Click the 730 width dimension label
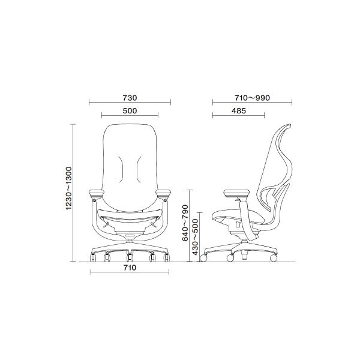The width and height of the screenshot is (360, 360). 130,98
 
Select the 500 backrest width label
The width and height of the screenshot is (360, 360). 130,111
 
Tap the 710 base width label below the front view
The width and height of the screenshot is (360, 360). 130,268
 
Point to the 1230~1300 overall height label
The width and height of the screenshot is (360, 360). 69,188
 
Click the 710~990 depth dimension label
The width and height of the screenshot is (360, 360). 252,98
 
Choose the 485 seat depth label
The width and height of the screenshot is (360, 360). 239,111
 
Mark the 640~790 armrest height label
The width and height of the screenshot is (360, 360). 185,223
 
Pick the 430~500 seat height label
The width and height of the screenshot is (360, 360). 195,237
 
